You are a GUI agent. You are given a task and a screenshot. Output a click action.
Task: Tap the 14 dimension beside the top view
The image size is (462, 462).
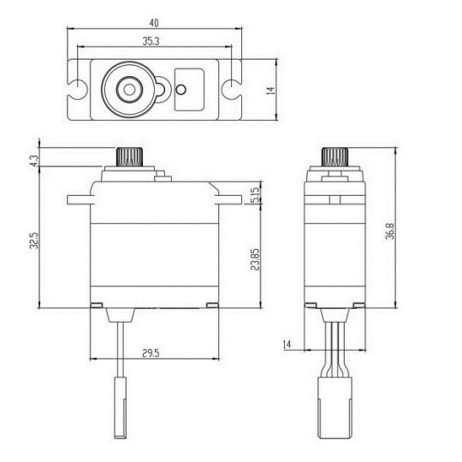click(x=269, y=88)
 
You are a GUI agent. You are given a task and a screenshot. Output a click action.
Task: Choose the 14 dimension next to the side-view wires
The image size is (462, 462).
click(x=287, y=343)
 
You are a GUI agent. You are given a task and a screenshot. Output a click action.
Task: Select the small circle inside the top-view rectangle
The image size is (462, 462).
click(x=181, y=88)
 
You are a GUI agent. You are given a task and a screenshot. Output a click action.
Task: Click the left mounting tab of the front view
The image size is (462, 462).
click(x=78, y=199)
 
